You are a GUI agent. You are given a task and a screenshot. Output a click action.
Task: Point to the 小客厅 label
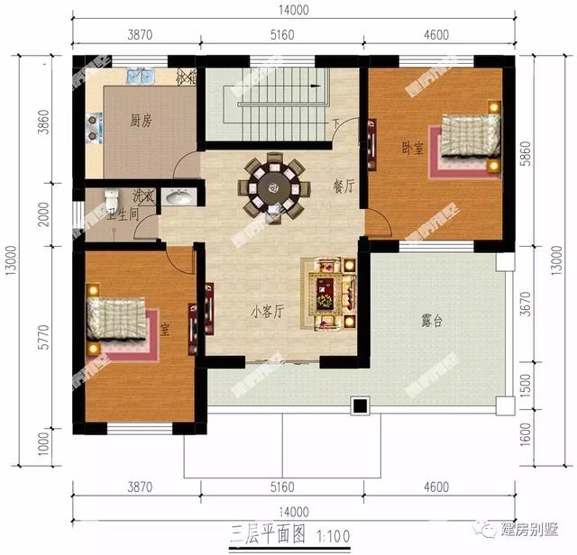[268, 312]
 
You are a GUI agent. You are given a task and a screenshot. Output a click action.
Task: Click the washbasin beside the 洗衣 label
[179, 197]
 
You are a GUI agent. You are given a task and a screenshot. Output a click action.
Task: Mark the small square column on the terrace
[361, 406]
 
